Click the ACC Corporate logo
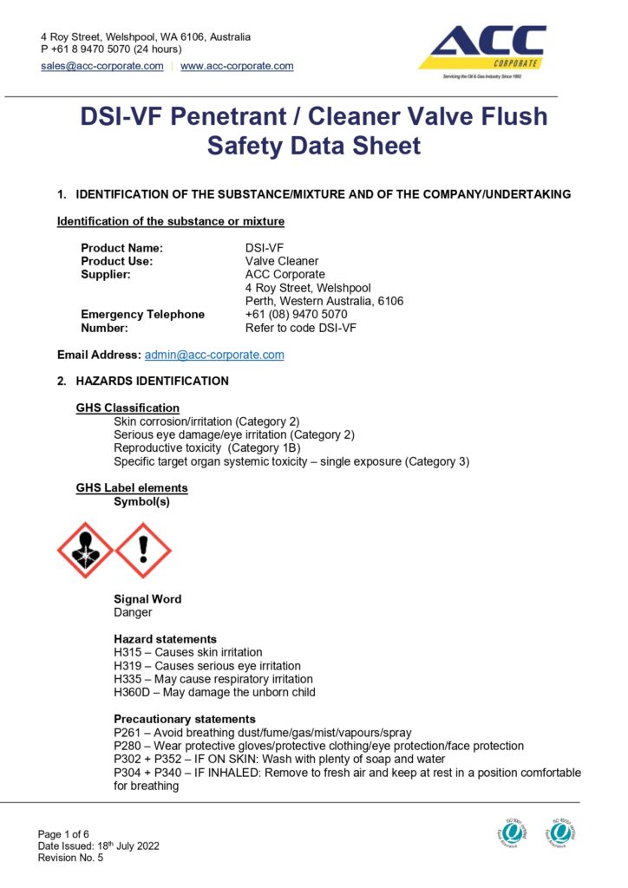[482, 50]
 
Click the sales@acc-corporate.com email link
[102, 66]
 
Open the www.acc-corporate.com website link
[237, 66]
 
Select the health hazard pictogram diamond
[85, 550]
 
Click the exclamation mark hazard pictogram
[143, 550]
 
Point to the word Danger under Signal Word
[133, 612]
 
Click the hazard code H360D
[131, 692]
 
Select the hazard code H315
[128, 652]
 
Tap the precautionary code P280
[128, 746]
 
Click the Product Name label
[121, 248]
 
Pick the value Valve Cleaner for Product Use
[282, 261]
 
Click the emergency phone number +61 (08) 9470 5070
[296, 314]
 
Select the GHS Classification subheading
[128, 408]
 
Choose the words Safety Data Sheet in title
[313, 146]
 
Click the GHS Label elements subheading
[132, 488]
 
